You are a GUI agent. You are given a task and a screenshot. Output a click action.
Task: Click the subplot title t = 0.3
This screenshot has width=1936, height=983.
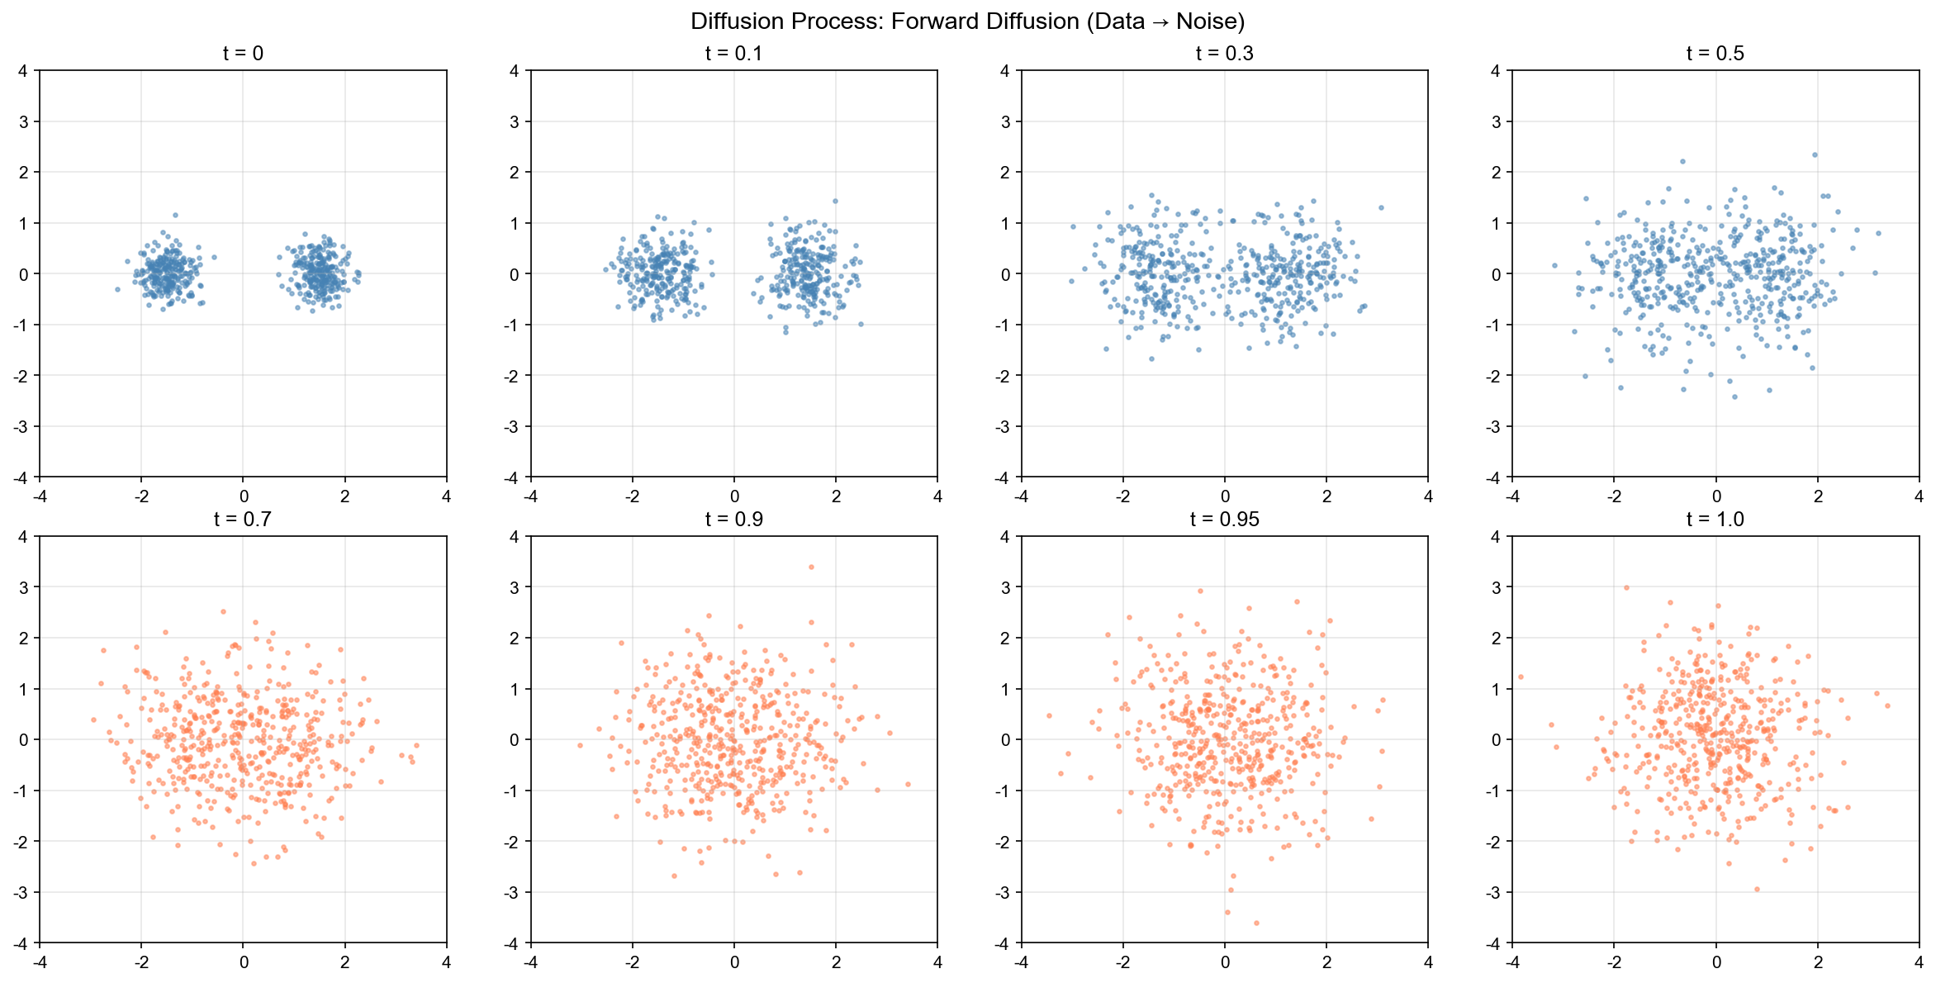pos(1224,54)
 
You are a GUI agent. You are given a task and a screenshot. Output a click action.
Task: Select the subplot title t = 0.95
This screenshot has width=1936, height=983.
pos(1224,520)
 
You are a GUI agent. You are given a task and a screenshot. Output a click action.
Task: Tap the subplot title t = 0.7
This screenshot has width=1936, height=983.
pos(243,520)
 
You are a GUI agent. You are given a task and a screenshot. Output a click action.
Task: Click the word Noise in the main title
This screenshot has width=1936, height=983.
pos(1209,21)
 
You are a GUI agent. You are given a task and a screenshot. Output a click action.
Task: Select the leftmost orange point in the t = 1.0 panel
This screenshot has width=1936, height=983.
pos(1520,677)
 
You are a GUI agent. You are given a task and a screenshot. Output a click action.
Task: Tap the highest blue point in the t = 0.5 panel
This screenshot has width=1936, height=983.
pos(1815,154)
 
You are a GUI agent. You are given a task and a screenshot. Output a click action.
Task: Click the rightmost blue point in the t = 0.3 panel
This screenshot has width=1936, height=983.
pos(1381,207)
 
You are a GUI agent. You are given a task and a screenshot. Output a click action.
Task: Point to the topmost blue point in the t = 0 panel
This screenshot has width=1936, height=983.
pos(175,215)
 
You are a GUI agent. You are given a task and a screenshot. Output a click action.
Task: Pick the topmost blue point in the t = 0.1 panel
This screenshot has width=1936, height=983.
pos(835,201)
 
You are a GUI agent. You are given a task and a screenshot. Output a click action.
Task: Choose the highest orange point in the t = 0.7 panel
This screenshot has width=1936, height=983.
pos(223,612)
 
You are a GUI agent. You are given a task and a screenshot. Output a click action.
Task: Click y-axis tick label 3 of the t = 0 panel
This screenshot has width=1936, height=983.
pos(22,122)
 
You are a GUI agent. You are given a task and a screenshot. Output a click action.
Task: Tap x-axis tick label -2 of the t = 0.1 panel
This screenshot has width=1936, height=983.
pos(632,496)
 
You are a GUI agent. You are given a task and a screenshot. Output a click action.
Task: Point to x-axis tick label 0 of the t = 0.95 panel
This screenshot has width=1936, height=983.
pos(1225,962)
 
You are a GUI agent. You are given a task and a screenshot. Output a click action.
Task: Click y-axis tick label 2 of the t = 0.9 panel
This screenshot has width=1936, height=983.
pos(515,639)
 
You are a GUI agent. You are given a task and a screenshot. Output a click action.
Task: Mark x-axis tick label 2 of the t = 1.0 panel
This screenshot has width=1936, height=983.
pos(1817,962)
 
